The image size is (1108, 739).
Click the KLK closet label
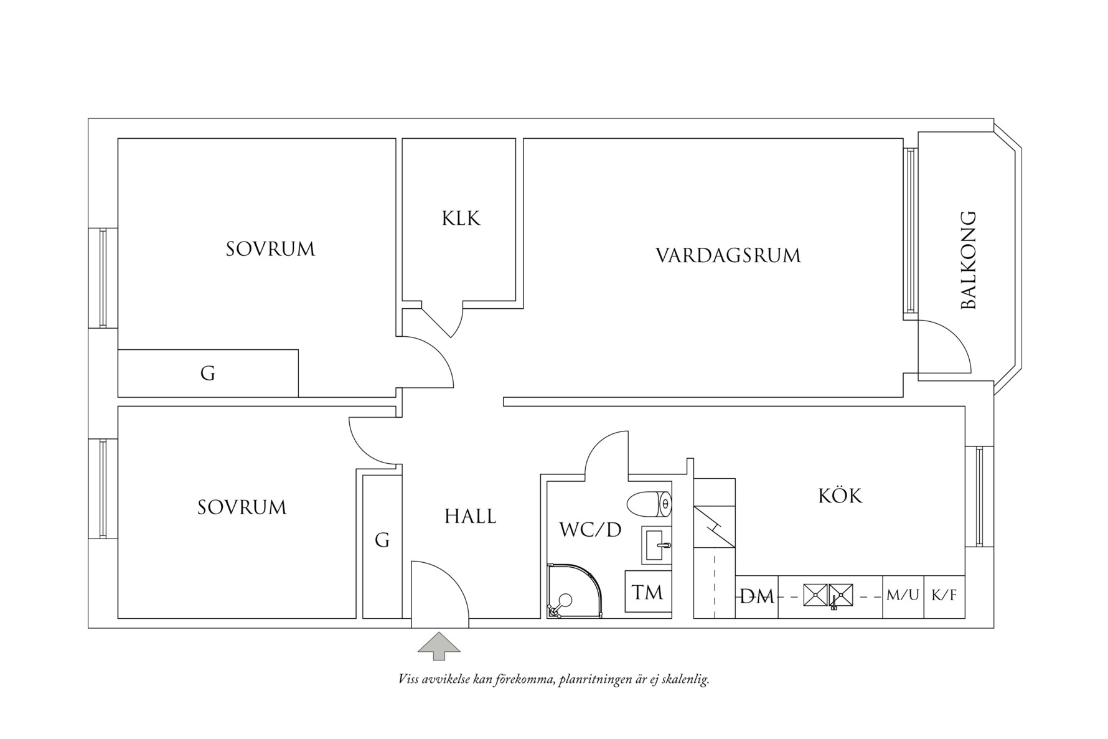click(x=461, y=219)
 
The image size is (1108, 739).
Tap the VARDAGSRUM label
click(x=728, y=256)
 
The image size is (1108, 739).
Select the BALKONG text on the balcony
click(x=969, y=261)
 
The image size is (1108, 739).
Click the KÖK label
click(x=840, y=496)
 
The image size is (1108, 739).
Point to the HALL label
click(x=470, y=517)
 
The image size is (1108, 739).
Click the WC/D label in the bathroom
click(x=590, y=530)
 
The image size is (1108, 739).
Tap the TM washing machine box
click(x=647, y=592)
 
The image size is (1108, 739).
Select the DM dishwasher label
click(x=756, y=597)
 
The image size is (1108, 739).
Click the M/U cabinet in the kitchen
click(x=902, y=596)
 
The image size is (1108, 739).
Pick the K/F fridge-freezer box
click(x=944, y=596)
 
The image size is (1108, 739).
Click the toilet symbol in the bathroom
click(x=649, y=504)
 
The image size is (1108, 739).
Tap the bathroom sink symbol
click(x=657, y=545)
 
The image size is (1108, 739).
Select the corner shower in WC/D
click(x=571, y=592)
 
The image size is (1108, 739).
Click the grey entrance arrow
click(x=439, y=646)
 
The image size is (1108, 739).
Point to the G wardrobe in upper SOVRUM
click(x=208, y=374)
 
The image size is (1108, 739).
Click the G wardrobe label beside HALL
click(x=382, y=540)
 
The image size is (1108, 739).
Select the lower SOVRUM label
click(x=242, y=507)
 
